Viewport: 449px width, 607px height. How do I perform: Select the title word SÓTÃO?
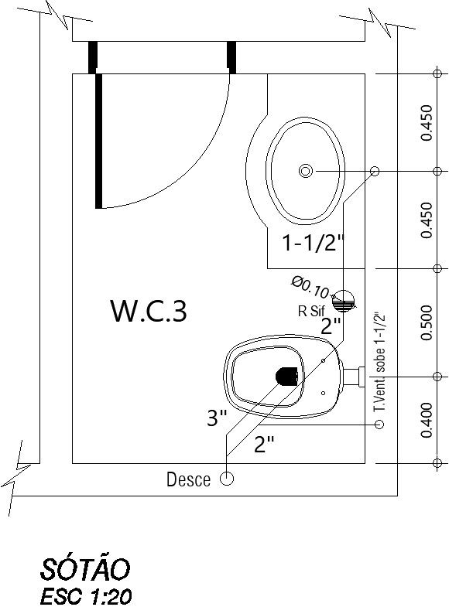coord(84,570)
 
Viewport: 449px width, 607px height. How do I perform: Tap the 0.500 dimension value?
coord(425,322)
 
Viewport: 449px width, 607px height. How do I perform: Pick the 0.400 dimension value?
coord(425,420)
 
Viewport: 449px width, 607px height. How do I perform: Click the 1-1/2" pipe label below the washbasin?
coord(312,244)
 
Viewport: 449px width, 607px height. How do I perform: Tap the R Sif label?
coord(311,312)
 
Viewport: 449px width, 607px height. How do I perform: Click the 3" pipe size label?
coord(217,418)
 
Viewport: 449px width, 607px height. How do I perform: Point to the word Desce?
coord(188,480)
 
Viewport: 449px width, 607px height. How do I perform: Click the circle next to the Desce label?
coord(227,479)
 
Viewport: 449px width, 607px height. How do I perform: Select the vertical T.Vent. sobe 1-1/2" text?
coord(379,362)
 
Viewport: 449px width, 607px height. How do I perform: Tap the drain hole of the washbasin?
coord(306,170)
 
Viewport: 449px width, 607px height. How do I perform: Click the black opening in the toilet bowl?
coord(286,376)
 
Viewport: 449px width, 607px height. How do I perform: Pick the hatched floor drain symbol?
coord(343,299)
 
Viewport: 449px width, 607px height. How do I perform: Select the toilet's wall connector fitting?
coord(355,377)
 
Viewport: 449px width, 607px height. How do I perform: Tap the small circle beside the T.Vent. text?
coord(379,425)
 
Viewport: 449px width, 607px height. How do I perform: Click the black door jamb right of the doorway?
coord(231,57)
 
